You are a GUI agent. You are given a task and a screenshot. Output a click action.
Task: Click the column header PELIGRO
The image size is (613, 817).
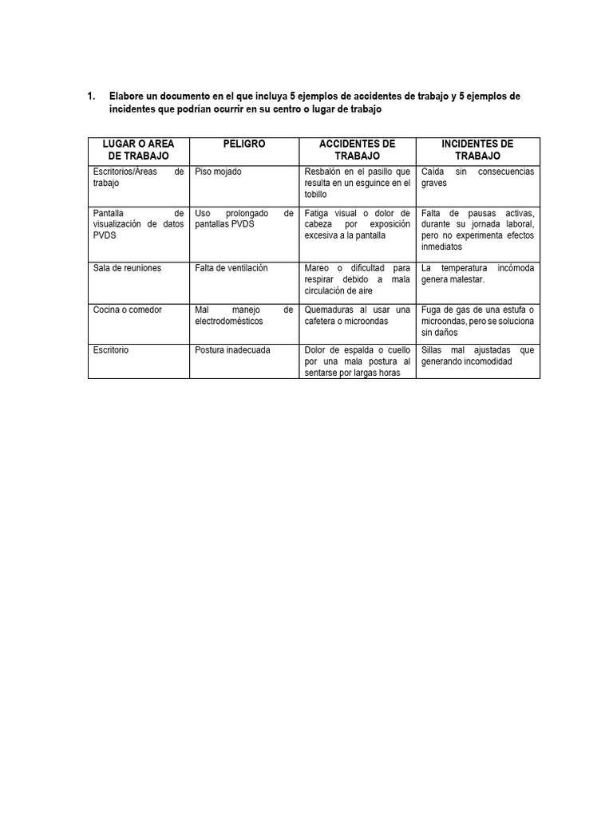tap(245, 144)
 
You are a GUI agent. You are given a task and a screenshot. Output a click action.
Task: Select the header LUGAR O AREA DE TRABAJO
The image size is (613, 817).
tap(138, 150)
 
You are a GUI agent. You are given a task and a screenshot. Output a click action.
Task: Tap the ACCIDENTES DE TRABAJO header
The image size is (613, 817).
tap(357, 150)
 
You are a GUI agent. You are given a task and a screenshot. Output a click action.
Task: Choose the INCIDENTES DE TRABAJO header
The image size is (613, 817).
tap(477, 150)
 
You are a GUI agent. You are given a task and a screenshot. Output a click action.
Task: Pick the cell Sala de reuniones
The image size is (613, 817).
tap(127, 268)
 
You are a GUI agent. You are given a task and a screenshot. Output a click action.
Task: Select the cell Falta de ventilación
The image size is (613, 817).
tap(231, 268)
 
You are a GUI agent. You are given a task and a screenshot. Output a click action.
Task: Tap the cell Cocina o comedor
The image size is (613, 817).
tap(126, 310)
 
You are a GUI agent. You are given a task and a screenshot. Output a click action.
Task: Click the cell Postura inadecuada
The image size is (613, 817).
tap(232, 350)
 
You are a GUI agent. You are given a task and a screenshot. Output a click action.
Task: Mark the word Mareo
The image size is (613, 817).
tap(317, 268)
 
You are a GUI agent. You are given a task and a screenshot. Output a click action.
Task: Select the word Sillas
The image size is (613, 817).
tap(431, 350)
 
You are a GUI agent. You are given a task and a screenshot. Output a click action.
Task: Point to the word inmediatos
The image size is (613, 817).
tap(441, 247)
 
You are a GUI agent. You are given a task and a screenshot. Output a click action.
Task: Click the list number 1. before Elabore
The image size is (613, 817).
tap(91, 97)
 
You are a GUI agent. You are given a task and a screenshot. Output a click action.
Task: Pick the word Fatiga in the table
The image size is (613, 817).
tap(318, 214)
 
